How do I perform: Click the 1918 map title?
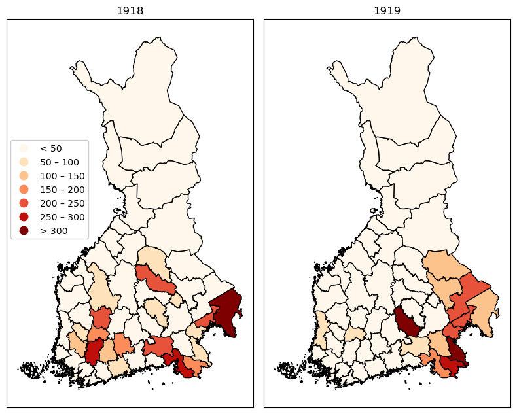tap(130, 10)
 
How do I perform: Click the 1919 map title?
tap(387, 10)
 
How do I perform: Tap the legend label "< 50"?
tap(51, 148)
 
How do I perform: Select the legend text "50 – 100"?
tap(60, 162)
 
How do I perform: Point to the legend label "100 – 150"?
tap(62, 176)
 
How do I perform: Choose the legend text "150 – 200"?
tap(62, 190)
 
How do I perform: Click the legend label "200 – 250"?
tap(62, 203)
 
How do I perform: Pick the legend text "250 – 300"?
tap(62, 217)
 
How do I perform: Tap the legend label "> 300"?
tap(54, 231)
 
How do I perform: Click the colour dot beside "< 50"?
tap(24, 148)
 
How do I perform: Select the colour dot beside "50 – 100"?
tap(24, 162)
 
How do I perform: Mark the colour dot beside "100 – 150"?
tap(24, 176)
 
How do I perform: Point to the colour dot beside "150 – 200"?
tap(24, 190)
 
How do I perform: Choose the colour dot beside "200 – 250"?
tap(24, 203)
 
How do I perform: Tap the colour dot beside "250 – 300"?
tap(24, 217)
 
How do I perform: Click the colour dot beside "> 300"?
tap(24, 231)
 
